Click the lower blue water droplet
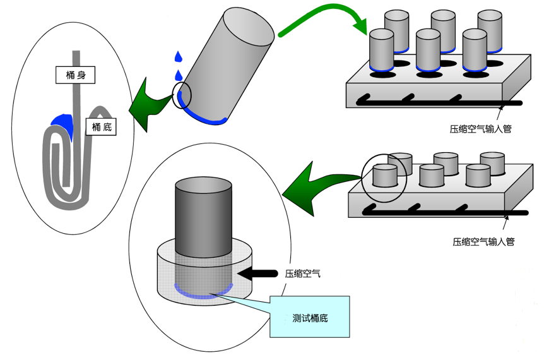(x=178, y=75)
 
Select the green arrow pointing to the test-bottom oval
(x=309, y=189)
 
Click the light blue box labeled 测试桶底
(x=309, y=316)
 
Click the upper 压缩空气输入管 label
(x=480, y=129)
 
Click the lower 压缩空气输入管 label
(x=483, y=241)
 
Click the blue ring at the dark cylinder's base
(x=203, y=292)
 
